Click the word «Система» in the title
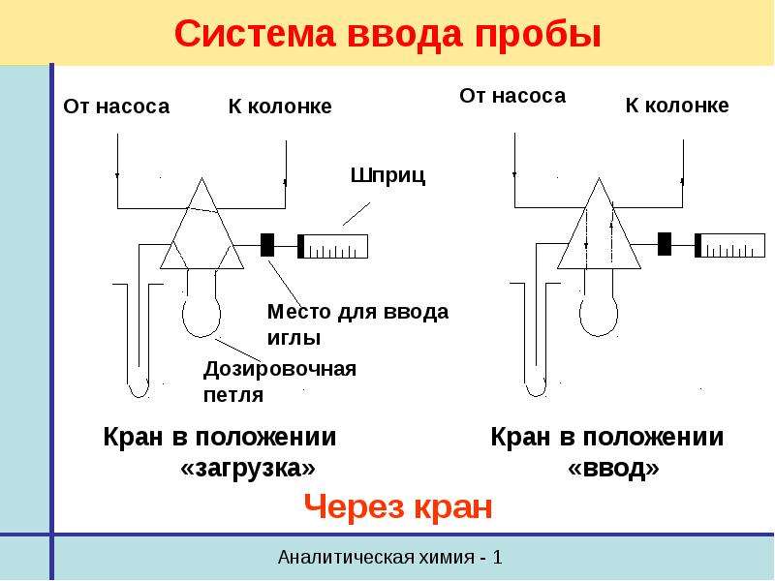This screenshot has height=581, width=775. [x=255, y=34]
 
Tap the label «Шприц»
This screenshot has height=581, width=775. [x=388, y=176]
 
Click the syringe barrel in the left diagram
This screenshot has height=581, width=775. [x=332, y=246]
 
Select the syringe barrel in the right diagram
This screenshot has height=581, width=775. [x=729, y=246]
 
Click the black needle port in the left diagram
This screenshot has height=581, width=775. [x=267, y=245]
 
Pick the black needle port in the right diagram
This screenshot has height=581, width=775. [x=665, y=244]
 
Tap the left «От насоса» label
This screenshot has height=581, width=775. [x=116, y=107]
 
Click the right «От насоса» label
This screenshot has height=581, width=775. [x=512, y=96]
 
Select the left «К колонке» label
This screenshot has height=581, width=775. [x=280, y=107]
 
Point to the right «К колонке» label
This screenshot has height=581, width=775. [x=677, y=106]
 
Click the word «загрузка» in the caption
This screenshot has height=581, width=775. [x=248, y=469]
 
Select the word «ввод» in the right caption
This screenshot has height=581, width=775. [x=613, y=468]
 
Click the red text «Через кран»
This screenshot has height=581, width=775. [x=398, y=506]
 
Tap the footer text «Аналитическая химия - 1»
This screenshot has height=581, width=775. [x=390, y=558]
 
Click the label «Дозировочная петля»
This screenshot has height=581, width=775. [x=280, y=382]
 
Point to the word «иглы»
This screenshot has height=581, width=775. [x=294, y=338]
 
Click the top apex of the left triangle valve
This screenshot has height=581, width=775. [x=201, y=178]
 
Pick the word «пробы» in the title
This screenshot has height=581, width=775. [x=538, y=34]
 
